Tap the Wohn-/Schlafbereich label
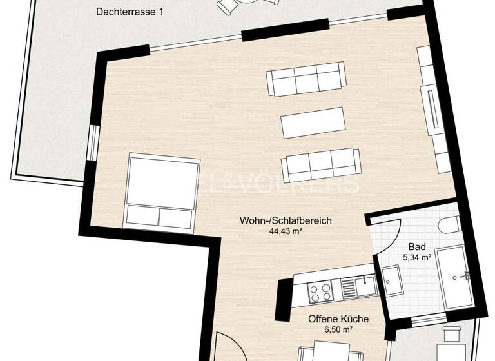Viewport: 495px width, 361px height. tap(286, 220)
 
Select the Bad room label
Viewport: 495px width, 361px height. tap(416, 247)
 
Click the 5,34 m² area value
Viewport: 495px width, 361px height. tap(416, 257)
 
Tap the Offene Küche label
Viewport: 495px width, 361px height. tap(338, 319)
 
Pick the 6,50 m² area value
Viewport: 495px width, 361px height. tap(338, 329)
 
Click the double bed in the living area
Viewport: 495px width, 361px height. tap(161, 191)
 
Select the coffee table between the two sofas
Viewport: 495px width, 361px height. tap(313, 122)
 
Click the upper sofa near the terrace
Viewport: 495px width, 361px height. tap(306, 80)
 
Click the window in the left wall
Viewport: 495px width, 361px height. tap(94, 141)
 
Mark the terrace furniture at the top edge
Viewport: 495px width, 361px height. tap(248, 6)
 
